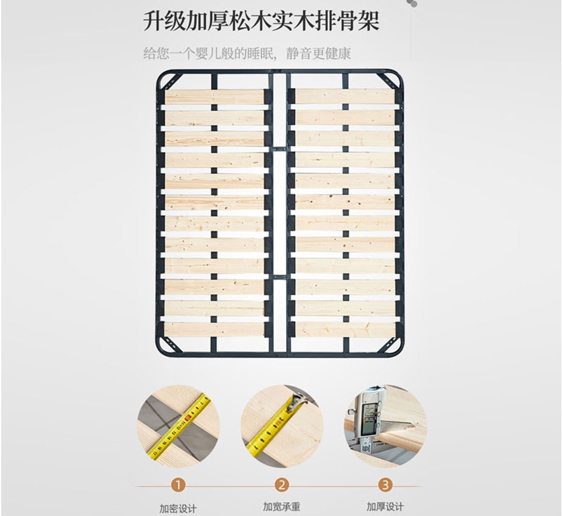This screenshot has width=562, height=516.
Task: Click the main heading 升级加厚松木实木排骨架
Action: click(262, 22)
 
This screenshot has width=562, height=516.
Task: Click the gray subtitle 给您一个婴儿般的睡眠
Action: click(209, 54)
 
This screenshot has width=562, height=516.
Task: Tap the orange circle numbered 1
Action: click(178, 486)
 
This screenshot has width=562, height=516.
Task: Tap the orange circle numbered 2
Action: click(282, 485)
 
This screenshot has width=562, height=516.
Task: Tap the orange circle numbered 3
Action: click(385, 485)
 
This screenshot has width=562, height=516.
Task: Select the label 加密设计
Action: click(178, 509)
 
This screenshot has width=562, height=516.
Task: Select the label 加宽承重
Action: click(282, 507)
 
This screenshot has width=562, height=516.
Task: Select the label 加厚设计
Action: click(385, 507)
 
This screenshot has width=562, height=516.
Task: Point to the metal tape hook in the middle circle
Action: click(297, 401)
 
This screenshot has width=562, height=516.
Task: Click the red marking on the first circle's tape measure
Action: click(188, 417)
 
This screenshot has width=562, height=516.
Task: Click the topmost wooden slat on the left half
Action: click(214, 97)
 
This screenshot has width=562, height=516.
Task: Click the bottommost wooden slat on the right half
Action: click(345, 330)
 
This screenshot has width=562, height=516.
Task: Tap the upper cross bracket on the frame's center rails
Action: click(280, 148)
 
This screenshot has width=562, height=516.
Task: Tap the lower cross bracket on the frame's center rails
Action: click(280, 277)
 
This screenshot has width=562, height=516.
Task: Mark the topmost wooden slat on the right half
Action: click(345, 97)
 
